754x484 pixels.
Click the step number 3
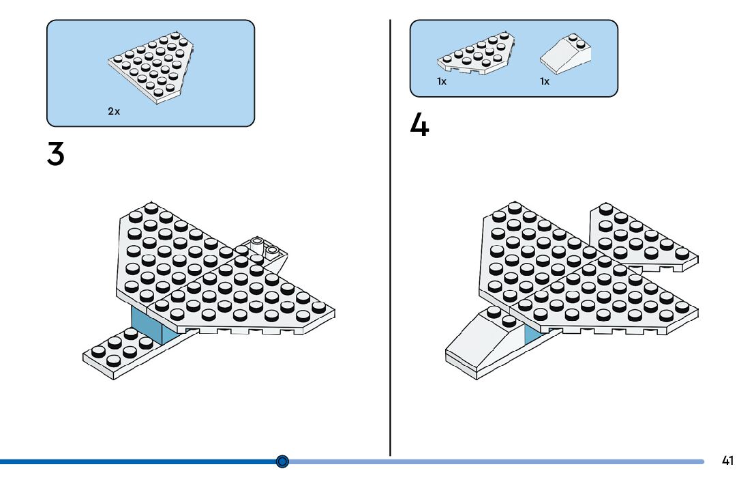click(x=56, y=154)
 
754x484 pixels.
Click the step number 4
click(x=419, y=126)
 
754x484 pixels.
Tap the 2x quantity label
click(x=114, y=111)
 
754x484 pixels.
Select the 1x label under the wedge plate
click(x=442, y=81)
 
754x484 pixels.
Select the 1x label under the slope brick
click(x=545, y=81)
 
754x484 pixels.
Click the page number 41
click(x=727, y=461)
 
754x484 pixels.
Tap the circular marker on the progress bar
click(x=283, y=461)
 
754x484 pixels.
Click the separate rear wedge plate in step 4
click(x=641, y=236)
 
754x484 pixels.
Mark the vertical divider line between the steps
click(x=390, y=273)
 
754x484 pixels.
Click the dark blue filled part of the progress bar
click(x=136, y=461)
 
